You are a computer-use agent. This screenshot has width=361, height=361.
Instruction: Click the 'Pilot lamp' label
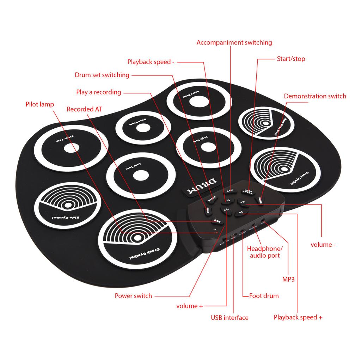(x=40, y=104)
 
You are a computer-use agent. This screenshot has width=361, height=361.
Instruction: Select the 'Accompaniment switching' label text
(x=234, y=43)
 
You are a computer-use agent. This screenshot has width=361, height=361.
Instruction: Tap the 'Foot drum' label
(x=264, y=296)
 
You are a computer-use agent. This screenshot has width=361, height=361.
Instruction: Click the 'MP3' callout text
(x=288, y=279)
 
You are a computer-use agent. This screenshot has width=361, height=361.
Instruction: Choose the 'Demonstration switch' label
(x=315, y=96)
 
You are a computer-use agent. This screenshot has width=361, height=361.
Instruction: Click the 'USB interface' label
(x=230, y=318)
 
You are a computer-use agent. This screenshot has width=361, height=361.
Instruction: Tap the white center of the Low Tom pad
(x=141, y=175)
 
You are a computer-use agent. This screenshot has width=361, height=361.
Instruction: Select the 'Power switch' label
(x=133, y=296)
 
